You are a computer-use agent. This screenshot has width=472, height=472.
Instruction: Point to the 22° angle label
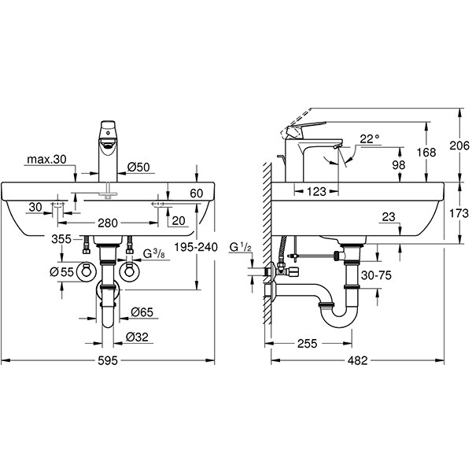click(369, 138)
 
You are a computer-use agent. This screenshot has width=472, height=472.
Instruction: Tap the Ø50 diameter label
click(139, 166)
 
